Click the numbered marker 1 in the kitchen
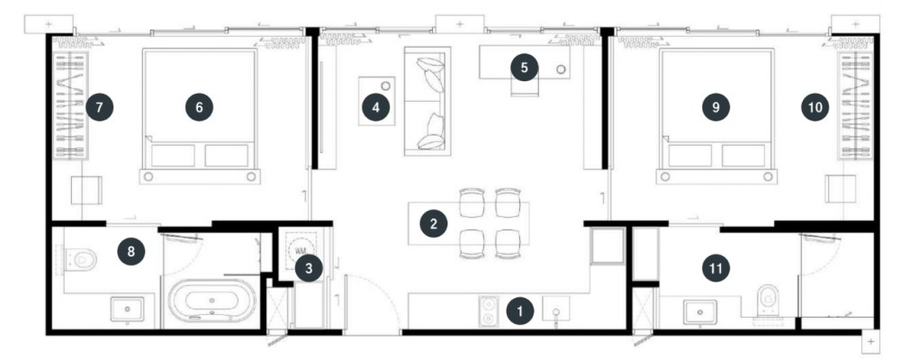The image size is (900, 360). (520, 311)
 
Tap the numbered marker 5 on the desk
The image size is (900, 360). (524, 67)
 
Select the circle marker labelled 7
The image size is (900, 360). (99, 107)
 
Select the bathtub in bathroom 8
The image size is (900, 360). (212, 301)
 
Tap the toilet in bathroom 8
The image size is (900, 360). (78, 259)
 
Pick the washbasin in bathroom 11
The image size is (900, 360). (699, 312)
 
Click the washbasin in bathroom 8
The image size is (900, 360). (127, 310)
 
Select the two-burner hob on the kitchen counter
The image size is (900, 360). (489, 310)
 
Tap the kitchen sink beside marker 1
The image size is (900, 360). (555, 310)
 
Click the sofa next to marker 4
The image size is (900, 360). (427, 101)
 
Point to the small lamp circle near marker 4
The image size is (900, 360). (386, 85)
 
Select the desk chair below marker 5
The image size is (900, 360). (525, 86)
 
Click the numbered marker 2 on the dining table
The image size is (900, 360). (434, 223)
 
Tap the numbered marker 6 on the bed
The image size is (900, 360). (199, 107)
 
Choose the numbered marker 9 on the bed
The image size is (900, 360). (715, 107)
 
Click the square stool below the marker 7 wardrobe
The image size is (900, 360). (86, 190)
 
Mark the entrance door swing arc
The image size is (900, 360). (383, 291)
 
